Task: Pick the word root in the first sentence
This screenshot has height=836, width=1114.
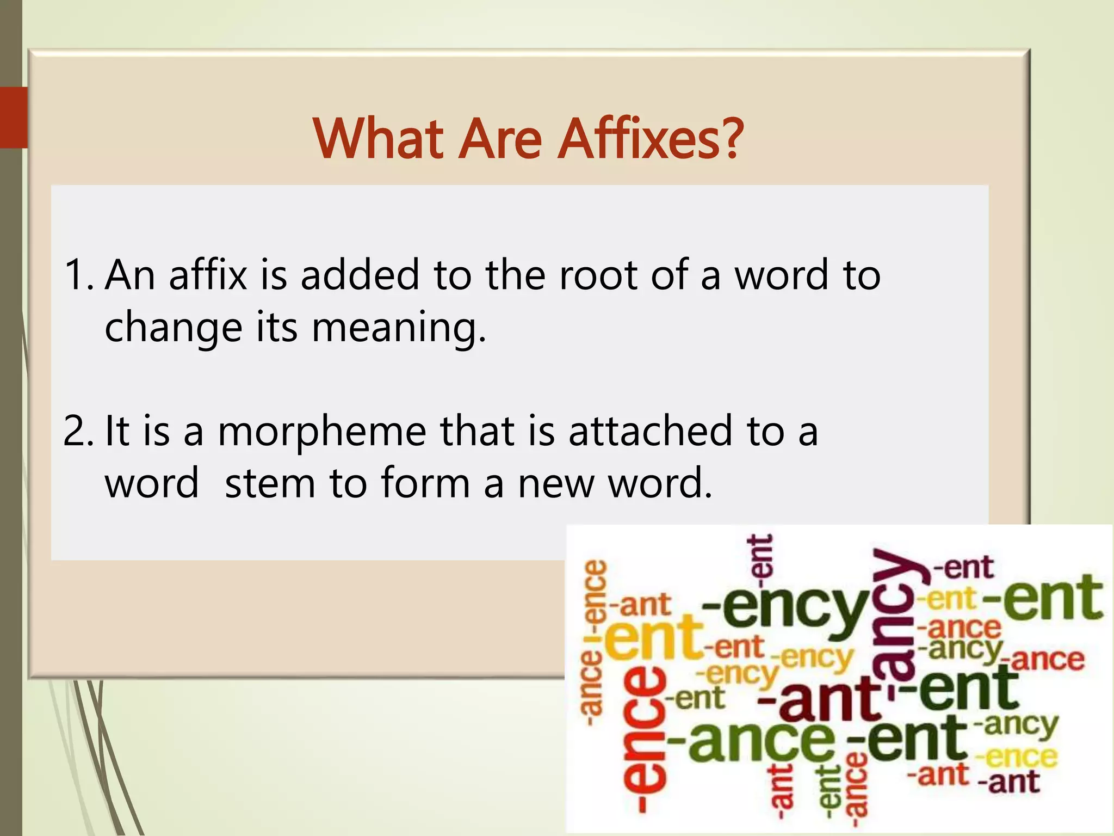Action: pos(597,275)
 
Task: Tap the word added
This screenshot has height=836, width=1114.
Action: pos(360,275)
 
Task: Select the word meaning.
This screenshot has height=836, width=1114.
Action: pos(398,328)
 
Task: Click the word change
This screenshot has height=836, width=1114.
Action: pos(173,328)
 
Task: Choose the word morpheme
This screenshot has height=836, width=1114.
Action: pos(322,432)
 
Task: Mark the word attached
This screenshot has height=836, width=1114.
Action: pos(650,431)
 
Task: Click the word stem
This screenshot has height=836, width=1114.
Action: pos(270,483)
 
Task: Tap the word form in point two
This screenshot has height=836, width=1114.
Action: pos(425,483)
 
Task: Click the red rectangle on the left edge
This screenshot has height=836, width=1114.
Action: pos(14,117)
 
